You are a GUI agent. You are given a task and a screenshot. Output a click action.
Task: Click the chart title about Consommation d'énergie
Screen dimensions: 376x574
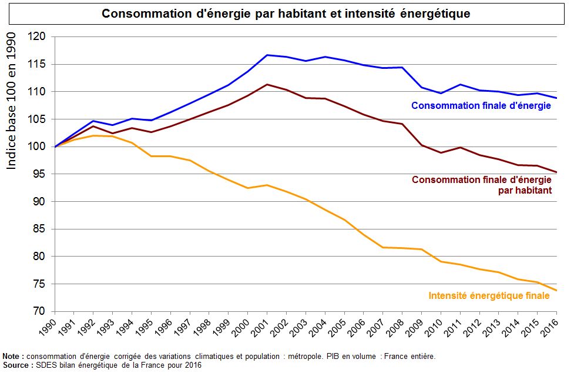[286, 14]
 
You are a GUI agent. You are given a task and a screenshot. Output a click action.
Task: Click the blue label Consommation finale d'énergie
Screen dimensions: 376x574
[481, 106]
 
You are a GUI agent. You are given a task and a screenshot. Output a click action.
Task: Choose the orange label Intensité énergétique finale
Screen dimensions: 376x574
[489, 295]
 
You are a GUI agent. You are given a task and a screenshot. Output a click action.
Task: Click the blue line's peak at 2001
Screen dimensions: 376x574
[267, 55]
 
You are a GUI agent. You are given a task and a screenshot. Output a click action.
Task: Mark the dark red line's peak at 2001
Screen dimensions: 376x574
[267, 84]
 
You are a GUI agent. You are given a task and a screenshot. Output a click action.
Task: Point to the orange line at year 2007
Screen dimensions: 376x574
[383, 247]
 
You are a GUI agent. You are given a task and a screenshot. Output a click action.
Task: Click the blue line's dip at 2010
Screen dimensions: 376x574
[441, 93]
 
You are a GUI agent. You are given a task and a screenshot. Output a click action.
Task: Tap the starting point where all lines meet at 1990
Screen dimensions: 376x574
[55, 147]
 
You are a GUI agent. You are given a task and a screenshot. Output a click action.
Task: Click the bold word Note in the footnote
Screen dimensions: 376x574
[12, 357]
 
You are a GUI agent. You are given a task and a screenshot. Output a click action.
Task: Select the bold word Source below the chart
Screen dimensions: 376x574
[16, 365]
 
